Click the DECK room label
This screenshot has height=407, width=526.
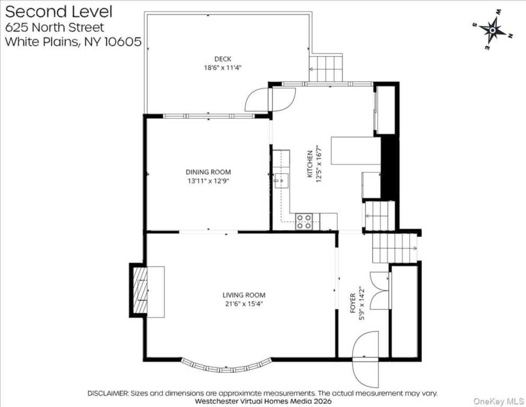tap(223, 59)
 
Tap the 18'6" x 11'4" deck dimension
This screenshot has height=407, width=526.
tap(223, 68)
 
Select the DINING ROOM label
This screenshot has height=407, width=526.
tap(208, 172)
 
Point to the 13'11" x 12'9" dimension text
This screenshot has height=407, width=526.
tap(208, 181)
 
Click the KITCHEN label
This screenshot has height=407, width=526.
tap(310, 164)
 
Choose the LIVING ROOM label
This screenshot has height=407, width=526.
tap(244, 295)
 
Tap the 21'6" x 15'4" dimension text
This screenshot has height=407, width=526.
tap(244, 304)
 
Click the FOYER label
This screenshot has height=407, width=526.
tap(353, 303)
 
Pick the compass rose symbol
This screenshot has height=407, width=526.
tap(493, 30)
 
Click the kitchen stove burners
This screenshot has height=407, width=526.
tap(304, 222)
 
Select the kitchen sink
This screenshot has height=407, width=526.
tap(282, 181)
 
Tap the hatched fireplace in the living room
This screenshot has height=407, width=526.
tap(140, 290)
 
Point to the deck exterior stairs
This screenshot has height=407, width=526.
tap(326, 69)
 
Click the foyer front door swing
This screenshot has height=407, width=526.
tap(366, 359)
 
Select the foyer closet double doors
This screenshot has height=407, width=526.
tap(380, 290)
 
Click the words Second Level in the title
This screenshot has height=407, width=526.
tap(59, 12)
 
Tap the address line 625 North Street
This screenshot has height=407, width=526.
tap(55, 27)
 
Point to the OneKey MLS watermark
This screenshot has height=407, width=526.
tap(498, 401)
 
